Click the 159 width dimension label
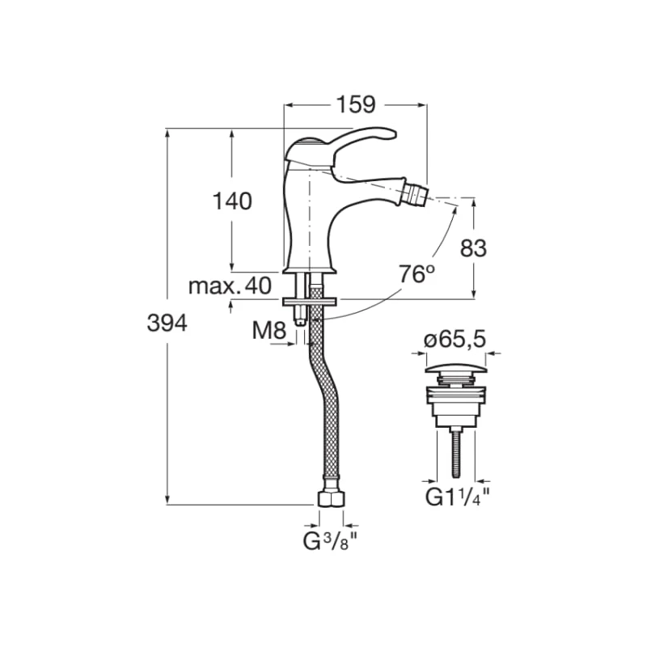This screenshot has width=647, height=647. [x=357, y=105]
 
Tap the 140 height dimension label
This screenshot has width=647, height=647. [x=232, y=201]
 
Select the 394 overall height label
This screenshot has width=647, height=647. [x=167, y=323]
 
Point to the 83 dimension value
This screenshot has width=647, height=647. [x=473, y=248]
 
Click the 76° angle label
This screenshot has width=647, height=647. [x=417, y=274]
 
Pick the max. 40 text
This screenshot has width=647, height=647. [x=230, y=285]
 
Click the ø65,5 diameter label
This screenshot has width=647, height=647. [x=455, y=340]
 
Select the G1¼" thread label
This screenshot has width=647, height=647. [x=458, y=497]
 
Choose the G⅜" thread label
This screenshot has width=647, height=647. [x=330, y=541]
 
